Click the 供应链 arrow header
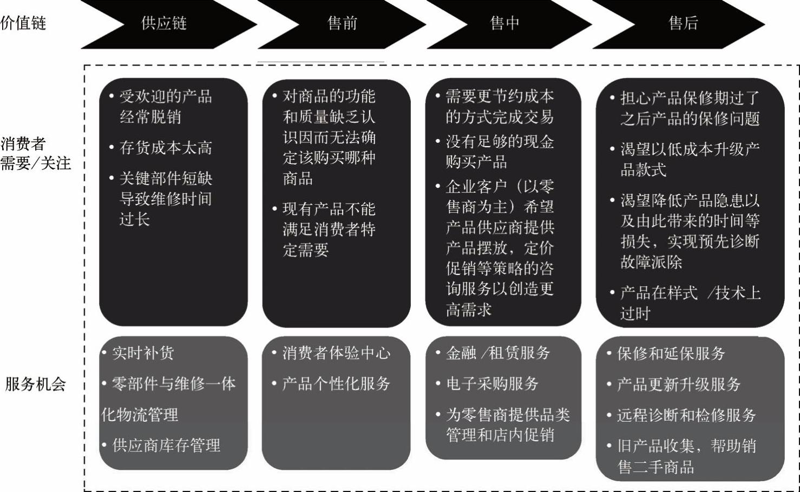tap(164, 23)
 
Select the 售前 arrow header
tap(342, 23)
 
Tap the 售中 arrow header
tap(504, 23)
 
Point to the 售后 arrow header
tap(683, 23)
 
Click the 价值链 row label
tap(23, 23)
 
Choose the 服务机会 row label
tap(36, 384)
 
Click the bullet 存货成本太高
tap(166, 148)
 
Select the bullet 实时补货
tap(143, 353)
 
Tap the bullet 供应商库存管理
tap(166, 445)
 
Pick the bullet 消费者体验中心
tap(336, 353)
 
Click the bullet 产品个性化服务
tap(336, 384)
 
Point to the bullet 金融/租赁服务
tap(498, 353)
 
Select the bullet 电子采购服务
tap(492, 384)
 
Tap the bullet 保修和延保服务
tap(671, 354)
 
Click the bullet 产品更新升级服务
tap(679, 385)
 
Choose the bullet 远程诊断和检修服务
tap(686, 416)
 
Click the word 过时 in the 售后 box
tap(635, 313)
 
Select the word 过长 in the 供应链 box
tap(135, 219)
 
